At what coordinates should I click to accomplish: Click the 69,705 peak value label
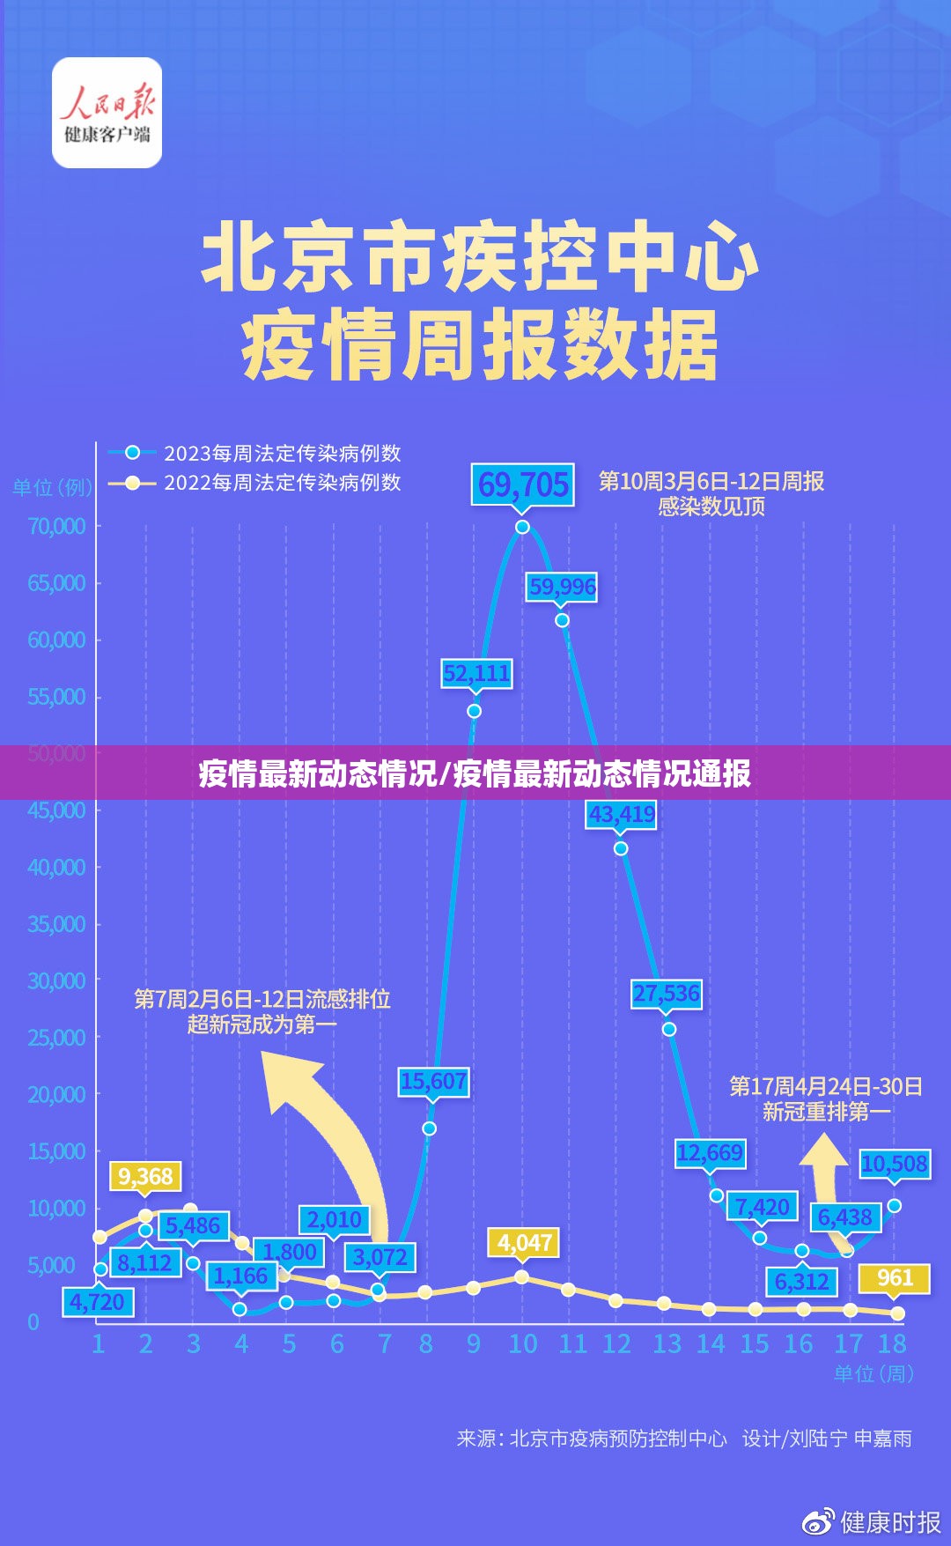point(523,485)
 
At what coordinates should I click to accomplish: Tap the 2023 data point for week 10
point(522,527)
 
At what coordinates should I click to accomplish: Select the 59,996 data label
point(562,587)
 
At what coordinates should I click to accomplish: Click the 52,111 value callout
point(476,674)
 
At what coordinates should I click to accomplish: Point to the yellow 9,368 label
point(145,1177)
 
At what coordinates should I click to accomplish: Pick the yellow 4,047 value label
point(525,1243)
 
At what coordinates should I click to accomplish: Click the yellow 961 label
point(895,1278)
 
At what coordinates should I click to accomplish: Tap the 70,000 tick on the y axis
point(56,526)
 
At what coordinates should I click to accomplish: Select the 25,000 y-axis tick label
point(56,1038)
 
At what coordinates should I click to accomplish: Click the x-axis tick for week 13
point(667,1344)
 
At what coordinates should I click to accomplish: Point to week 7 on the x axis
point(385,1344)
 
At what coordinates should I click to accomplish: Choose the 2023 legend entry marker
point(132,453)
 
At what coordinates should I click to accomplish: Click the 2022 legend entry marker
point(132,483)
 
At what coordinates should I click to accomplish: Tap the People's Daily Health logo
point(107,113)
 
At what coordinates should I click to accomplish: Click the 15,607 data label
point(432,1082)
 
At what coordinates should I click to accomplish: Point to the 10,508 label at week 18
point(894,1165)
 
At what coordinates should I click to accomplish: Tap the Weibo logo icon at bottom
point(818,1521)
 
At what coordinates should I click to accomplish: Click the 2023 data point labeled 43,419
point(621,848)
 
